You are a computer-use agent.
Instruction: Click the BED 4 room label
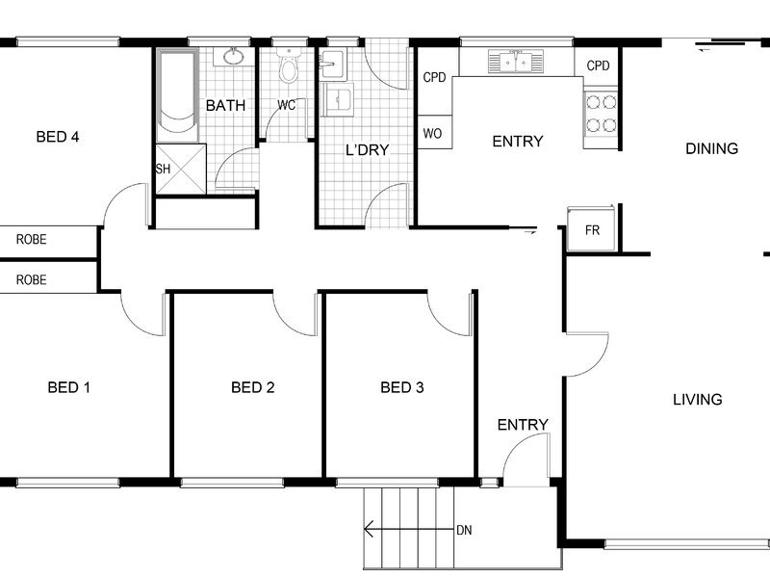(x=58, y=137)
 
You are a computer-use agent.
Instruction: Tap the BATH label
(x=225, y=105)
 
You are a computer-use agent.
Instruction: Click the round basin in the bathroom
(x=234, y=57)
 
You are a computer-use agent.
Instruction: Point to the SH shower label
(x=163, y=170)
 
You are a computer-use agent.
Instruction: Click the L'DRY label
(x=368, y=150)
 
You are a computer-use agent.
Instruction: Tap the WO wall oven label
(x=432, y=133)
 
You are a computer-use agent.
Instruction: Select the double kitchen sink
(x=516, y=62)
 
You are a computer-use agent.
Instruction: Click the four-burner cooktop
(x=601, y=114)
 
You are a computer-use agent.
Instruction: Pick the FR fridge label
(x=592, y=230)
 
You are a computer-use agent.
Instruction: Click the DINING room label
(x=711, y=148)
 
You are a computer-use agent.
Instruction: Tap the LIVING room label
(x=697, y=399)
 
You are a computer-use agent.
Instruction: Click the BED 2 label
(x=253, y=387)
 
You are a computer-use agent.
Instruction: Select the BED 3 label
(x=402, y=387)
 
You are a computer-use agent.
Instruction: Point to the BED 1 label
(x=69, y=387)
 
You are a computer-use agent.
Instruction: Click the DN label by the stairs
(x=464, y=530)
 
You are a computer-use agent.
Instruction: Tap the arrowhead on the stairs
(x=368, y=529)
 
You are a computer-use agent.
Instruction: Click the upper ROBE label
(x=32, y=239)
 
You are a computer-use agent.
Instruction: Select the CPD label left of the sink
(x=434, y=77)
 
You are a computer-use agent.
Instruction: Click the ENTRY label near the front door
(x=523, y=425)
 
